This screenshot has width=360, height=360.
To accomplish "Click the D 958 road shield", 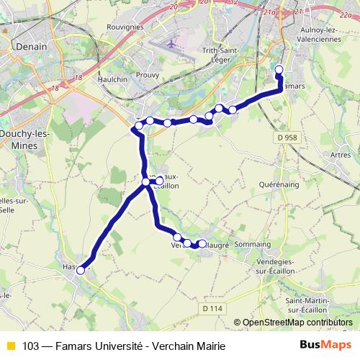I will (x=286, y=136).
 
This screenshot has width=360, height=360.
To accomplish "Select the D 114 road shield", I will (x=212, y=308).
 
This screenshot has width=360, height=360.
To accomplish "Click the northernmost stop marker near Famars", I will (x=279, y=70).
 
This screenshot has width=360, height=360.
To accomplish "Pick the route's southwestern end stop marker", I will (x=81, y=271).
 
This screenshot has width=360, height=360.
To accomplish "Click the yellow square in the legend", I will (x=10, y=346).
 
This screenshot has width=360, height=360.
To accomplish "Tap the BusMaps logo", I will (x=326, y=346).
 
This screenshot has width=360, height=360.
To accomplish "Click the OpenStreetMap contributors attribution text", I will (x=297, y=323).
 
